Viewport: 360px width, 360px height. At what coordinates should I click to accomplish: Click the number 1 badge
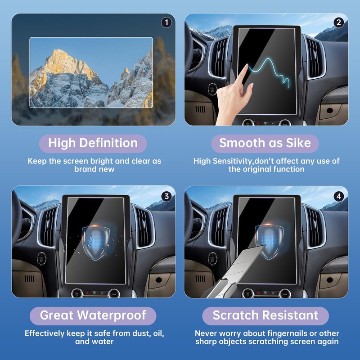tap(166, 22)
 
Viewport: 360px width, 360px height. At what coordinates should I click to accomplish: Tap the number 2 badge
tap(339, 22)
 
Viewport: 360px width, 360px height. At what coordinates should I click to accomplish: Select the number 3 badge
tap(166, 196)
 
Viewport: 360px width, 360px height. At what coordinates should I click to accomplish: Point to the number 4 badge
tap(339, 196)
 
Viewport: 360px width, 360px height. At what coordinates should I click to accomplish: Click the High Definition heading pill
tap(93, 144)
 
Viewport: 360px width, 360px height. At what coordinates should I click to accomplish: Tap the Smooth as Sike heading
tap(265, 144)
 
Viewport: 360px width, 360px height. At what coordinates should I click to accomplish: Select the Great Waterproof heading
tap(93, 315)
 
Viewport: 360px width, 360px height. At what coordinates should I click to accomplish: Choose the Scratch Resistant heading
tap(265, 315)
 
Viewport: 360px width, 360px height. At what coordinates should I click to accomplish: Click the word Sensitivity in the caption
tap(234, 161)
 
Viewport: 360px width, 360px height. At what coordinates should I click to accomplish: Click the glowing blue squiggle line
tap(270, 72)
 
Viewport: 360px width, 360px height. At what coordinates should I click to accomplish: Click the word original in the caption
tap(261, 169)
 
